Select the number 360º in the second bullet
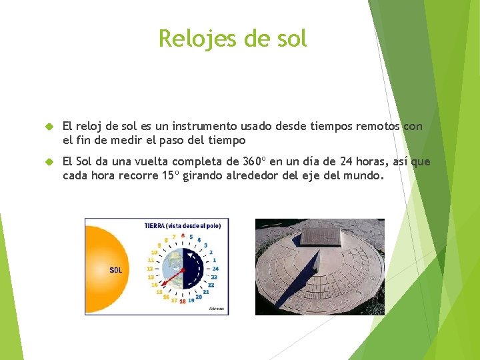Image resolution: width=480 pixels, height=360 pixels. pos(255,162)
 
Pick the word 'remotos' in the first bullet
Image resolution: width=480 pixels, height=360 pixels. pos(377,126)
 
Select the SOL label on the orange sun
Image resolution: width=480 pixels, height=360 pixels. pos(115,270)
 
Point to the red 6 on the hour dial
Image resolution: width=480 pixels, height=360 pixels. pos(182,235)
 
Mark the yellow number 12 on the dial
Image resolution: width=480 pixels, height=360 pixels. pos(151,269)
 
